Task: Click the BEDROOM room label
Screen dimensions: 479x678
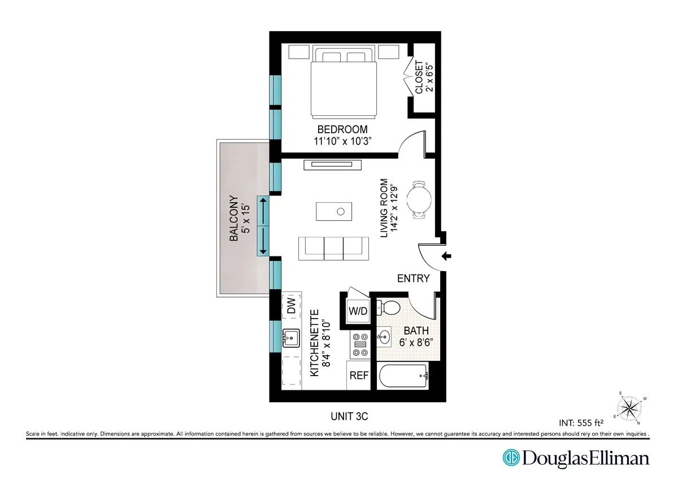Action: (x=342, y=129)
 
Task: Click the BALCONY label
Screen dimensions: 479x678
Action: (x=234, y=219)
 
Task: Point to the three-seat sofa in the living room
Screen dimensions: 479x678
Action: (x=333, y=248)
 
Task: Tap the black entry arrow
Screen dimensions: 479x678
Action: (x=446, y=256)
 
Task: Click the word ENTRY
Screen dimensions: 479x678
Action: (x=414, y=278)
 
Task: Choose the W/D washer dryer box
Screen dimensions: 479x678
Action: (x=358, y=311)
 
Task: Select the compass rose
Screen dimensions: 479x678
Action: (x=629, y=406)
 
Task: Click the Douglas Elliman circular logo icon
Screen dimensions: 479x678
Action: (x=511, y=458)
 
